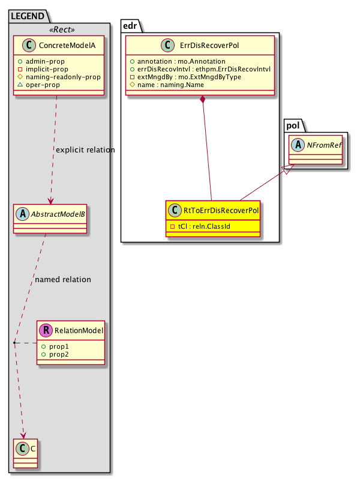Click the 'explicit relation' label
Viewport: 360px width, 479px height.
[85, 149]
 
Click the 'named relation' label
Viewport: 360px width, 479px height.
[63, 279]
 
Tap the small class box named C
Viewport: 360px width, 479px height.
[25, 451]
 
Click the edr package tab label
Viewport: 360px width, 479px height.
[132, 25]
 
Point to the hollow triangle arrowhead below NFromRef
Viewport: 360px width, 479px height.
[287, 170]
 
